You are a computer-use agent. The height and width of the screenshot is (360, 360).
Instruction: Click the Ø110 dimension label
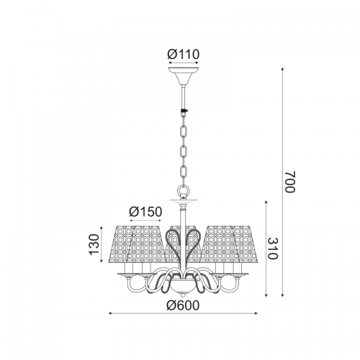pyautogui.click(x=184, y=55)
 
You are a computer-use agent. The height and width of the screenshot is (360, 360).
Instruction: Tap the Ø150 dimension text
pyautogui.click(x=145, y=212)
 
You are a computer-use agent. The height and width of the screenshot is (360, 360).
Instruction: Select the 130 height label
pyautogui.click(x=94, y=244)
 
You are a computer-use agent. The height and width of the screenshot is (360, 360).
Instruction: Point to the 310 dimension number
pyautogui.click(x=272, y=248)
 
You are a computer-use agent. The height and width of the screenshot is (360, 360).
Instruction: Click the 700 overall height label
pyautogui.click(x=289, y=182)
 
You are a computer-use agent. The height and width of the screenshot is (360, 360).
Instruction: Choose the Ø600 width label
pyautogui.click(x=184, y=305)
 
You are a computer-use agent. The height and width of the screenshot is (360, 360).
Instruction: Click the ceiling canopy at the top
pyautogui.click(x=184, y=75)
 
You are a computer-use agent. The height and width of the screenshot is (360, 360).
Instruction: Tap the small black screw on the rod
pyautogui.click(x=184, y=111)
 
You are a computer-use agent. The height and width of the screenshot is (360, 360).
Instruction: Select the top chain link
pyautogui.click(x=184, y=132)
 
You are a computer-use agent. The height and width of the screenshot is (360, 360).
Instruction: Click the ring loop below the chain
pyautogui.click(x=184, y=192)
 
